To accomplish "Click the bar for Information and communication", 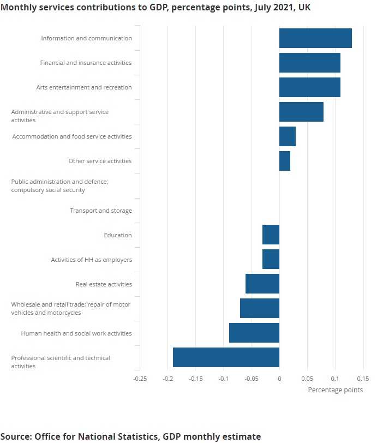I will (x=315, y=38).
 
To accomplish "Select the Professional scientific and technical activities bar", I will (x=226, y=357).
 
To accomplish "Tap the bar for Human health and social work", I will (x=254, y=333).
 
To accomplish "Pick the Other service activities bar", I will (x=285, y=161).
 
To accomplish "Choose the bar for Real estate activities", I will (x=262, y=284).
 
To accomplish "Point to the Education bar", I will (x=271, y=235).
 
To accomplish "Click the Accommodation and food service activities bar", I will (x=288, y=136).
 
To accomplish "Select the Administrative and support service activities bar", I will (x=301, y=112).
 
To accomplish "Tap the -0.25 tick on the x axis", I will (x=140, y=378).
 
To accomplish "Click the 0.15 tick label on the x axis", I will (x=363, y=378).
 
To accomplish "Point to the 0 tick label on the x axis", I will (x=279, y=378).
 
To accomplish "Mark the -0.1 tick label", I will (x=223, y=378).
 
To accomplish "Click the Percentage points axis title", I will (x=335, y=390).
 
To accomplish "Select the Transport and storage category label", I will (x=100, y=211).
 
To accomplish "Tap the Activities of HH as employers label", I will (x=91, y=260).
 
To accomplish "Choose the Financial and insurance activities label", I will (x=86, y=63).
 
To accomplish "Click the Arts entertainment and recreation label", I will (x=84, y=87).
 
